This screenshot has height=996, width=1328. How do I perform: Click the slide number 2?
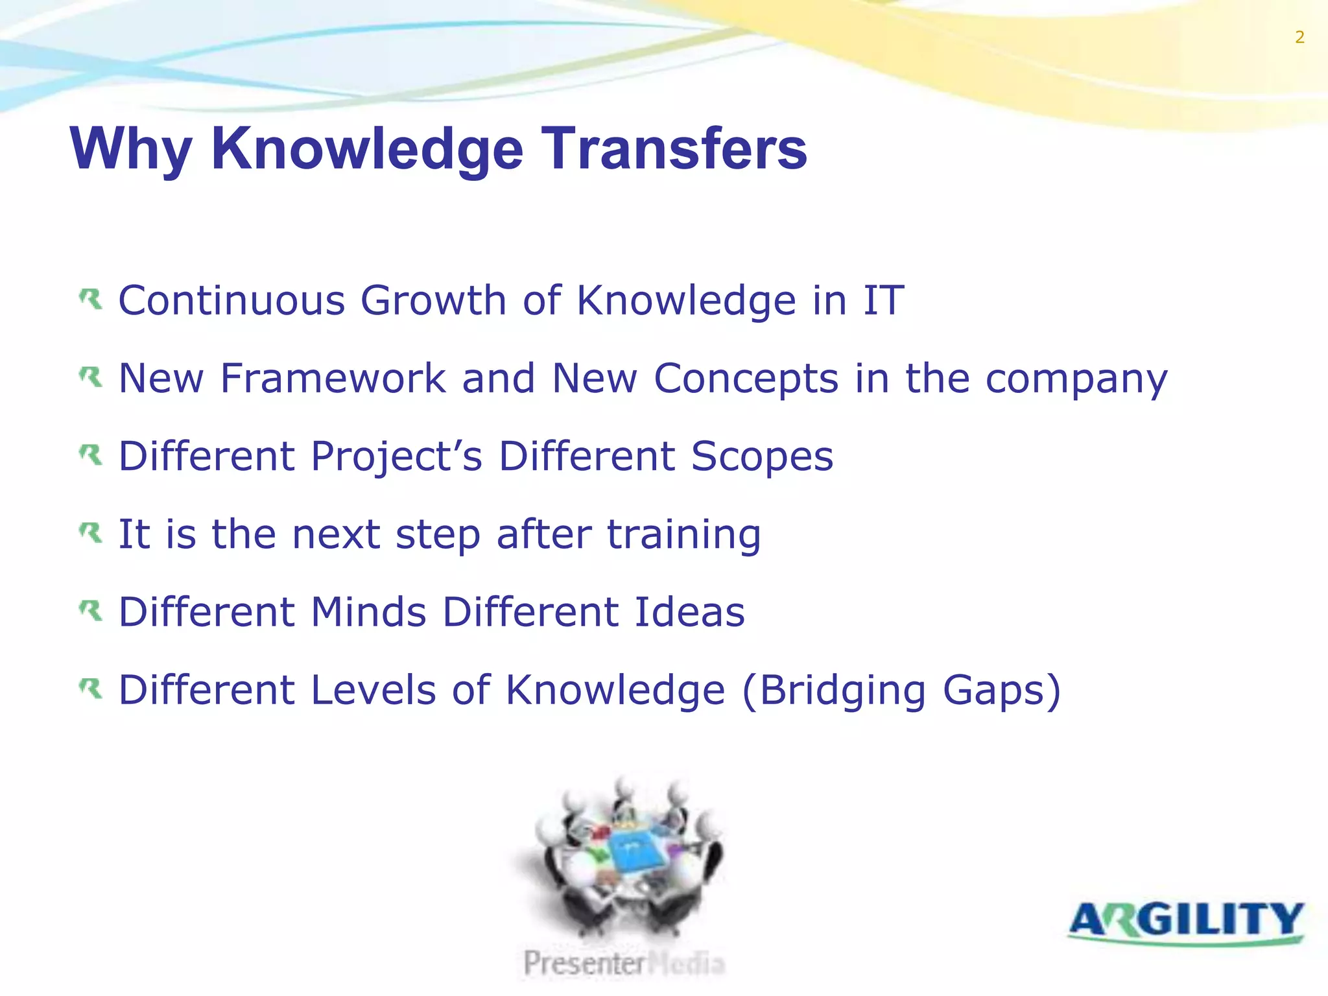pos(1299,38)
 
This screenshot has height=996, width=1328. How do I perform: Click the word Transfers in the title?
pos(674,149)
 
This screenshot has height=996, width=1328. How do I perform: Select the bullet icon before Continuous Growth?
pos(91,300)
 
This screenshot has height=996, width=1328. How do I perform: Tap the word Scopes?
pos(762,458)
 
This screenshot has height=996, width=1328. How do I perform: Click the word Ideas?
pos(689,612)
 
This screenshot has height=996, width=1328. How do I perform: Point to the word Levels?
pos(373,690)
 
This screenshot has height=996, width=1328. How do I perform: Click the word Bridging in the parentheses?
pos(842,691)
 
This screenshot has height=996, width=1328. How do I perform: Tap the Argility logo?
pos(1186,922)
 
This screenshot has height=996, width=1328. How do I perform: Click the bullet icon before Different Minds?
pos(91,611)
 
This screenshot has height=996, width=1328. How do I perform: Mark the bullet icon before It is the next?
pos(91,533)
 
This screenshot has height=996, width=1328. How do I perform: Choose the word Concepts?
pos(746,379)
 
